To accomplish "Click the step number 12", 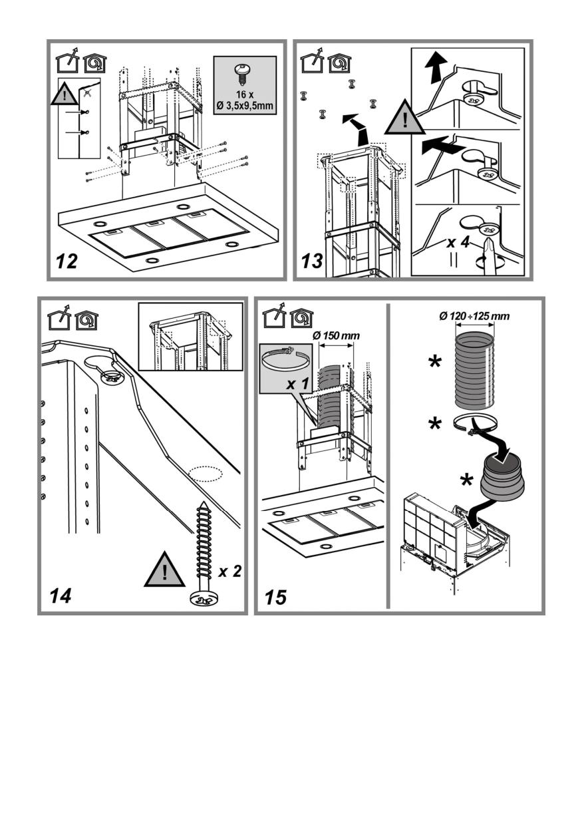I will tap(67, 261).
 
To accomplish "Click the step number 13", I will tap(312, 261).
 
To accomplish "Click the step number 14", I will tap(60, 595).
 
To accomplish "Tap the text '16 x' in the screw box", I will tap(245, 94).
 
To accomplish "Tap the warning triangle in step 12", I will tap(65, 96).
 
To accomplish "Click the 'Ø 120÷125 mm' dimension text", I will tap(474, 316).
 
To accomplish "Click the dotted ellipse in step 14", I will tap(204, 474).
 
